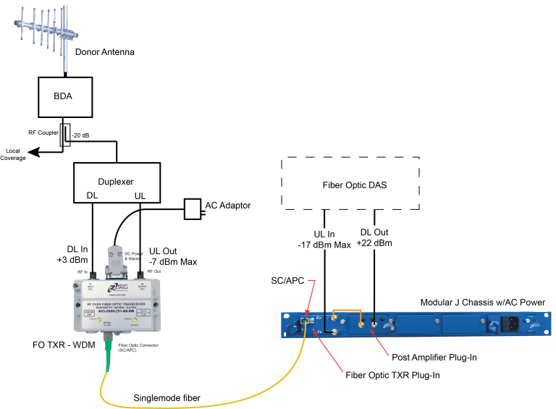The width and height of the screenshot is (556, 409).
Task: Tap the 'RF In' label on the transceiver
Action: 81,271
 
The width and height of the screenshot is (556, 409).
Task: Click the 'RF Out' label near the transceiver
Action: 153,271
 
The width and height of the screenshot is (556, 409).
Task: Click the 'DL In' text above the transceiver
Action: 77,249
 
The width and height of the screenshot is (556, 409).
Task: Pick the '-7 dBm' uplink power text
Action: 160,261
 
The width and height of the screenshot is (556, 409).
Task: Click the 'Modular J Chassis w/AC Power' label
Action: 482,303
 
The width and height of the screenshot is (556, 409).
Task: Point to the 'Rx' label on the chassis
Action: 319,319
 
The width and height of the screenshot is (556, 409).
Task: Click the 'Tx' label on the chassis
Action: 319,332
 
